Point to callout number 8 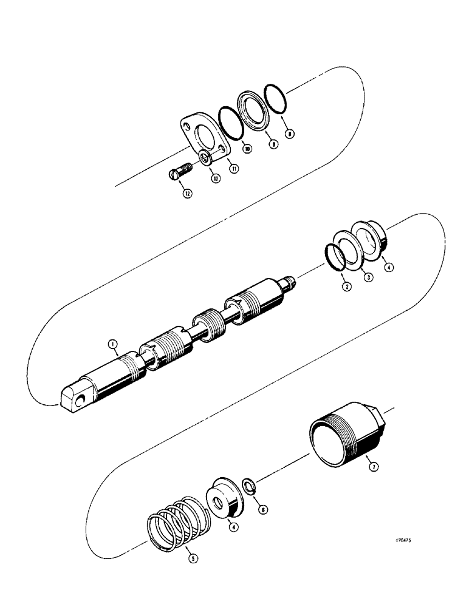pyautogui.click(x=290, y=133)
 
